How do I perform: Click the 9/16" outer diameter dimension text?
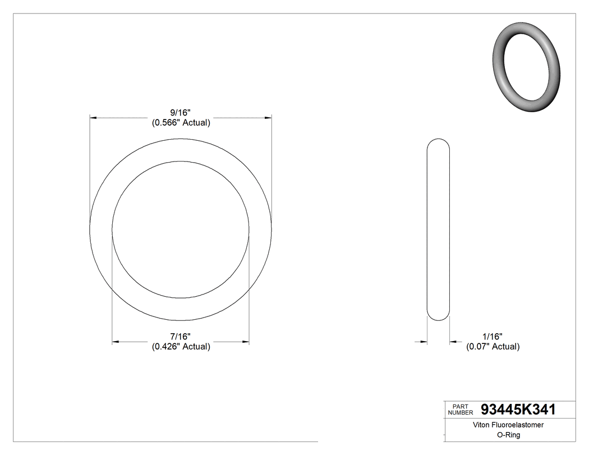(x=181, y=113)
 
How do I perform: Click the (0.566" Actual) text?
(x=181, y=123)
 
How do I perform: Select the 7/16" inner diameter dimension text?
(x=181, y=336)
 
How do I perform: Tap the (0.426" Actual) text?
(x=181, y=346)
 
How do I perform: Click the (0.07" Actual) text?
(x=493, y=346)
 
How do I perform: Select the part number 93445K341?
(x=518, y=410)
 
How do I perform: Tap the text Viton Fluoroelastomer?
(x=509, y=425)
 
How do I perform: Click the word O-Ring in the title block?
(x=509, y=435)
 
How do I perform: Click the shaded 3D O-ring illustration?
(x=526, y=67)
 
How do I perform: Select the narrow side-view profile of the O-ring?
(x=438, y=229)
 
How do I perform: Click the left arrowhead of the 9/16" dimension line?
(x=94, y=118)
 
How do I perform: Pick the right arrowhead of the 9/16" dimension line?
(x=268, y=118)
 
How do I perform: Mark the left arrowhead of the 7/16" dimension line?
(x=116, y=341)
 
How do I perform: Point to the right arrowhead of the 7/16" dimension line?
(x=245, y=341)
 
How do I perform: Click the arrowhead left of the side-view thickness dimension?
(x=424, y=341)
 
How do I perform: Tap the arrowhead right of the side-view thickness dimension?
(x=453, y=341)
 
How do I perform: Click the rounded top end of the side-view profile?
(x=438, y=140)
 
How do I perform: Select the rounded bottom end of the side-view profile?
(x=438, y=318)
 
